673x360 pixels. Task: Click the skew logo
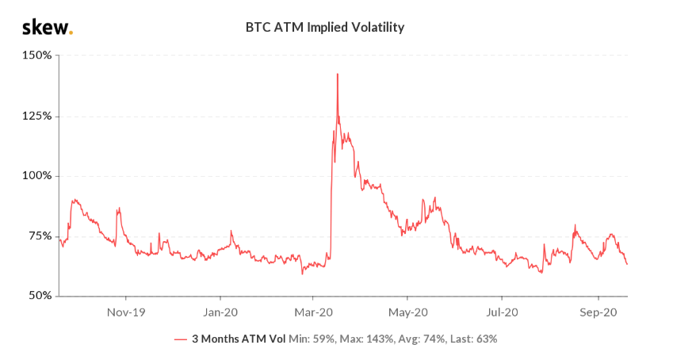46,28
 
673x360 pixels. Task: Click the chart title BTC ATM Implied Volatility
325,28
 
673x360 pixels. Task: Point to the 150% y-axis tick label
37,56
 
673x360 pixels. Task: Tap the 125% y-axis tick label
37,116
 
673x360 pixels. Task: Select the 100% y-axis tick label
37,176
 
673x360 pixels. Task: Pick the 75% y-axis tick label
39,236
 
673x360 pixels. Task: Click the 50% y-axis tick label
39,296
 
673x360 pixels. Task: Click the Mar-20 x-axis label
315,312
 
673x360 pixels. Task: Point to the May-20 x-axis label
409,312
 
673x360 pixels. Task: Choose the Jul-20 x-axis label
503,312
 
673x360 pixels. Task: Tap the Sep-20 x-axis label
598,312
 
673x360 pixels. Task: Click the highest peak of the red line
338,74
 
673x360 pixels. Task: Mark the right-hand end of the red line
627,264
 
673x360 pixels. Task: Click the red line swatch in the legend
181,339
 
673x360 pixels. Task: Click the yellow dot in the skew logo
71,33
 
